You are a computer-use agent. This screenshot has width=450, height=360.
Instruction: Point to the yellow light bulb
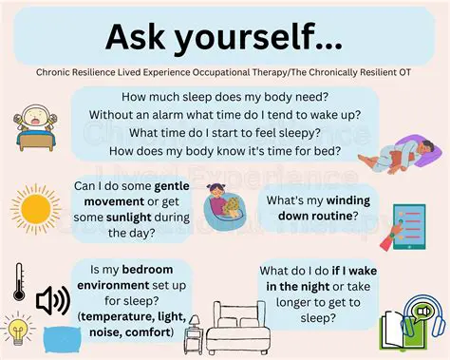point(17,332)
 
